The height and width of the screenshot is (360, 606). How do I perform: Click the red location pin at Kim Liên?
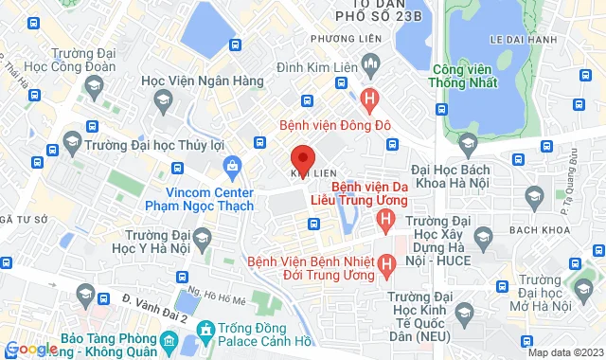(x=301, y=158)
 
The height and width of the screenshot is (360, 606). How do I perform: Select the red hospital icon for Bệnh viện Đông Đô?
(x=370, y=97)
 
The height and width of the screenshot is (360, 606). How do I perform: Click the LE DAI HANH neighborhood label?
(x=517, y=40)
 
